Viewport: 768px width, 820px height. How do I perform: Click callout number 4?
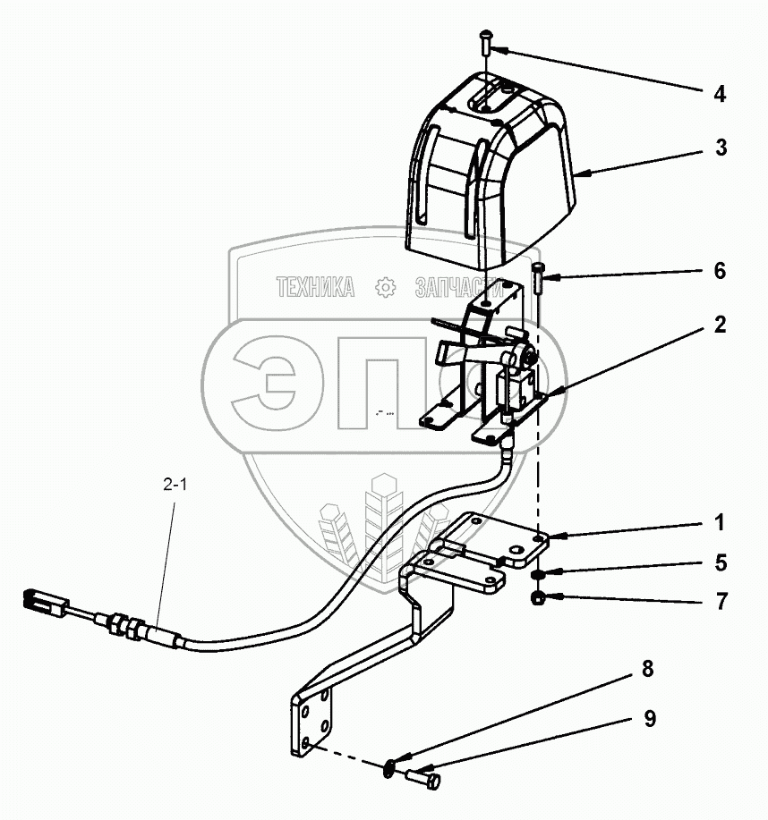720,94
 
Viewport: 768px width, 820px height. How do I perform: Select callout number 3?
720,148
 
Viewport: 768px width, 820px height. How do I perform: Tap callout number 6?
720,271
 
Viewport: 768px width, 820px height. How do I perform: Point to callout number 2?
720,326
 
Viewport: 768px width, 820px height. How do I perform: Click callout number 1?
720,522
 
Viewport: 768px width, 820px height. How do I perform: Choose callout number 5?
720,563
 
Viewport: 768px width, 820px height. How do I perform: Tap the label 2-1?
175,486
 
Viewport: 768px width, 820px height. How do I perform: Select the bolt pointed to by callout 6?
537,279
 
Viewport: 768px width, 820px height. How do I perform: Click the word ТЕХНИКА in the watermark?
315,287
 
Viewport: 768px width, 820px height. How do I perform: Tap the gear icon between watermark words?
385,287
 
